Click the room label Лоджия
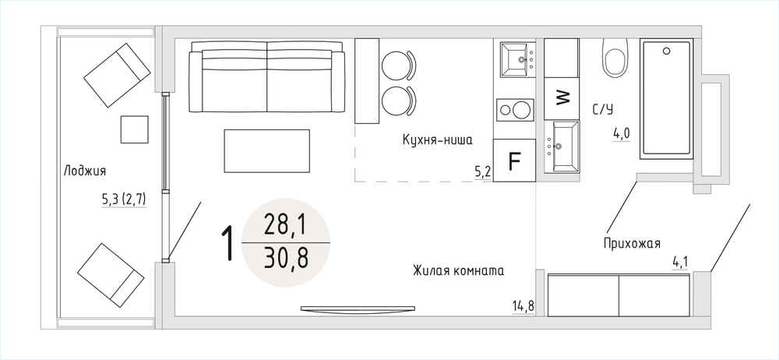[85, 171]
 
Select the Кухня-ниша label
[437, 140]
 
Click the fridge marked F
[515, 160]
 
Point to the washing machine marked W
[562, 98]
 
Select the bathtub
[666, 99]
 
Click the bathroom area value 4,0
[622, 133]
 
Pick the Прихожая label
[632, 244]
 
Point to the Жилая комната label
[458, 271]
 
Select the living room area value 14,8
[523, 306]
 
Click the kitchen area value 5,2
[483, 172]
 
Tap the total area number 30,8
[286, 259]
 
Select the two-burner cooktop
[515, 109]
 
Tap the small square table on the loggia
[135, 129]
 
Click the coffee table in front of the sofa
[266, 151]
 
